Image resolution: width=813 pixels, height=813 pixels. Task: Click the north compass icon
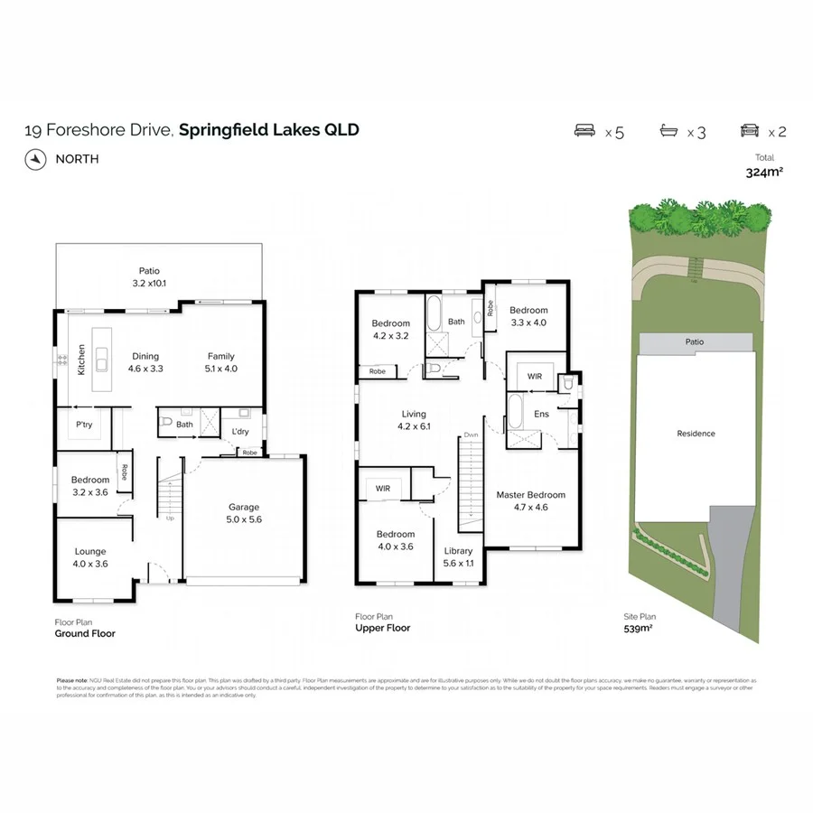pyautogui.click(x=34, y=159)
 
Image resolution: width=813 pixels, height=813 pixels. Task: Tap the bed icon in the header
pyautogui.click(x=586, y=131)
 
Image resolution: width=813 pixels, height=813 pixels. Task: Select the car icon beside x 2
pyautogui.click(x=749, y=131)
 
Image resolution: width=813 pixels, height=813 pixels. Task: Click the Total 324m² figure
pyautogui.click(x=763, y=172)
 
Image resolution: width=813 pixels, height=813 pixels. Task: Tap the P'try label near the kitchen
pyautogui.click(x=84, y=424)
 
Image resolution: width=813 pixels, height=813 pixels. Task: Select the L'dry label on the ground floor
pyautogui.click(x=241, y=433)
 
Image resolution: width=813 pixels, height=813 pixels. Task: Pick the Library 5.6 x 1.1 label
pyautogui.click(x=458, y=556)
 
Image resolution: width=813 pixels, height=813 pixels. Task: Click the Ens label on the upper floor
pyautogui.click(x=542, y=415)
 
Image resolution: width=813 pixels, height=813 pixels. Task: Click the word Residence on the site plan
pyautogui.click(x=696, y=434)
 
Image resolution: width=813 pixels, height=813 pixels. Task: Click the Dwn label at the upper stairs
pyautogui.click(x=471, y=435)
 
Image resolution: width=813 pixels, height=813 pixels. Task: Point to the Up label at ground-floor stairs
pyautogui.click(x=169, y=519)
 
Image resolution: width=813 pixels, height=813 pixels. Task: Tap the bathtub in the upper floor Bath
pyautogui.click(x=434, y=313)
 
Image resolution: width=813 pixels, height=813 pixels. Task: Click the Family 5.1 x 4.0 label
pyautogui.click(x=221, y=362)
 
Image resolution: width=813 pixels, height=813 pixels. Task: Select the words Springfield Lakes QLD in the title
pyautogui.click(x=269, y=129)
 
